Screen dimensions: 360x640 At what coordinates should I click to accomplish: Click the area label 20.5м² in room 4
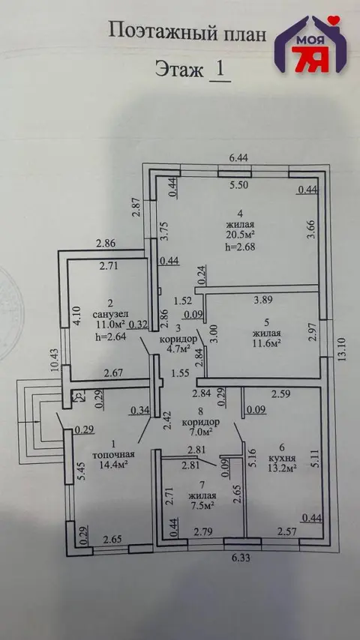pos(240,235)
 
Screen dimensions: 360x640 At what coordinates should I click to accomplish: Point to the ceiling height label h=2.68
pos(240,247)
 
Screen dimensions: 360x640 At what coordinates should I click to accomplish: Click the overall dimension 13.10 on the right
pos(343,348)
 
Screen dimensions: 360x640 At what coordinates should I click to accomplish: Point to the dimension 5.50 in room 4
pos(238,185)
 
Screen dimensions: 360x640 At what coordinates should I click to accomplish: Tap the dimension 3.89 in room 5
pos(264,300)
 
